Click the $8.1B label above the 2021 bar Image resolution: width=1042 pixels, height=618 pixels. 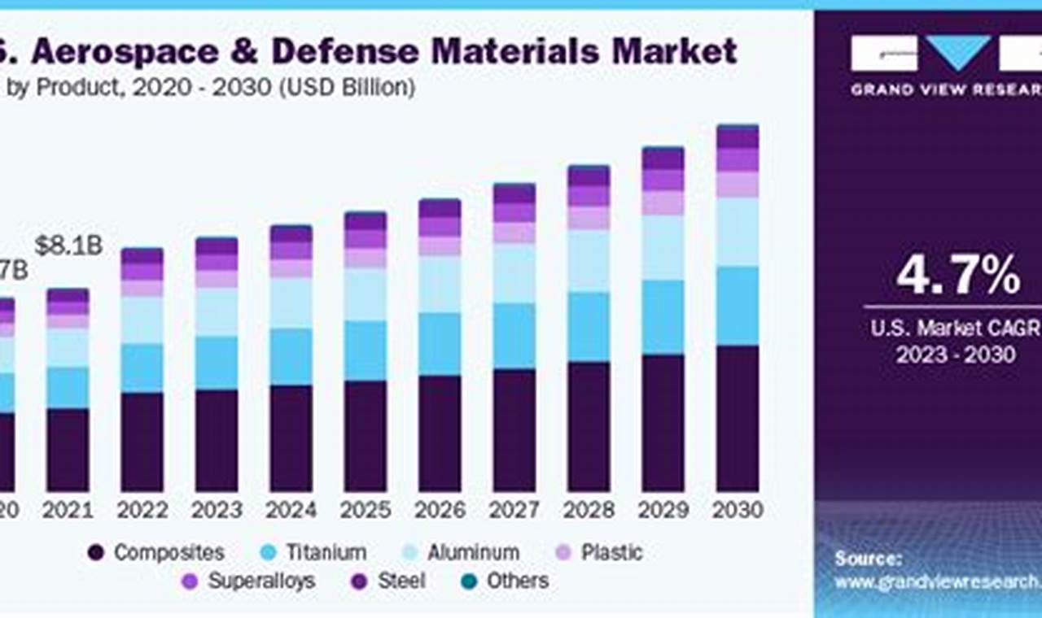coord(68,246)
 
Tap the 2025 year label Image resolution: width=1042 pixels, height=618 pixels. coord(366,510)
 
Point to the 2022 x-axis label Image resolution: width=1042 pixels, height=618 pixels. coord(142,510)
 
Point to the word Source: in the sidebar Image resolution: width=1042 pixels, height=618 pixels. coord(867,559)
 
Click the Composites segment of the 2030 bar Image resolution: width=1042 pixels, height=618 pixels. coord(738,418)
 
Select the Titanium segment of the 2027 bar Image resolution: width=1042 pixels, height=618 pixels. coord(514,336)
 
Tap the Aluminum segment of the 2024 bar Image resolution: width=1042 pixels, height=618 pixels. coord(291,302)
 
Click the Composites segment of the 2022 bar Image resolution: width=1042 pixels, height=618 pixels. coord(142,442)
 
